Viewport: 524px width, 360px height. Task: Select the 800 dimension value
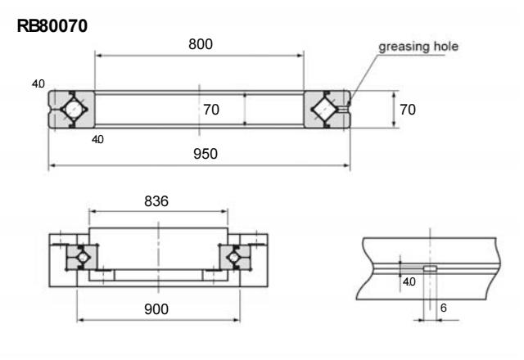point(200,45)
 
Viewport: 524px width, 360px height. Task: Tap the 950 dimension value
point(200,155)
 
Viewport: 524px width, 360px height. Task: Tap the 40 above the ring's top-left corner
point(37,84)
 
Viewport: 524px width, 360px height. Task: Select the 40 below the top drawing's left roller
point(97,139)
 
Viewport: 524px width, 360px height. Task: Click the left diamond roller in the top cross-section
point(71,109)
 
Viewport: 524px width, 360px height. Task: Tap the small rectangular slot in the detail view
point(429,268)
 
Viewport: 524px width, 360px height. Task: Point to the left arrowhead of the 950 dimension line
point(52,166)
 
